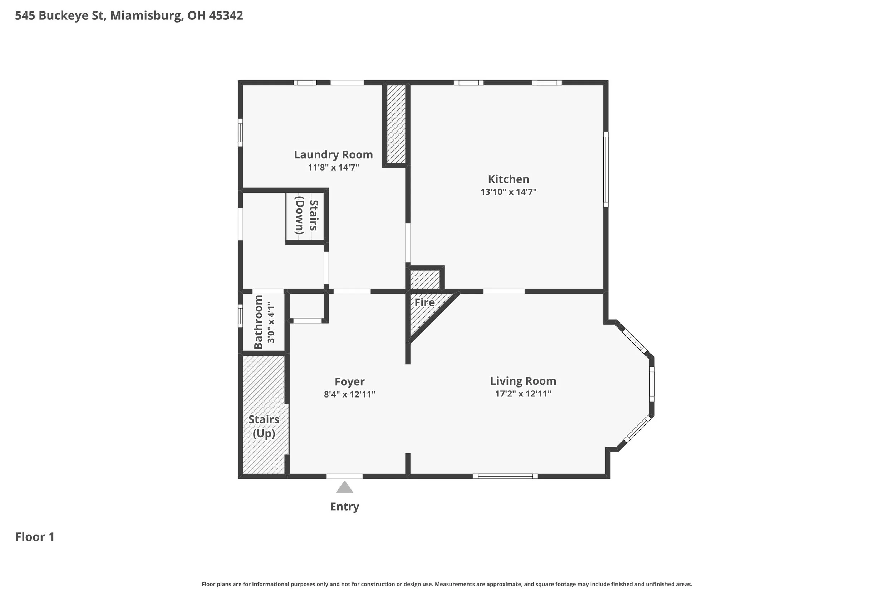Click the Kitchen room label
(508, 179)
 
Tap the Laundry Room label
(333, 155)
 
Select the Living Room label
(523, 381)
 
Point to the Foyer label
(349, 381)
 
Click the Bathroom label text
(259, 322)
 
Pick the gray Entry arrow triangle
(344, 487)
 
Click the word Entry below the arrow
(344, 507)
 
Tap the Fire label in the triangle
(424, 302)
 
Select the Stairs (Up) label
(264, 427)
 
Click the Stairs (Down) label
(307, 215)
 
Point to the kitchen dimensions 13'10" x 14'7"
(508, 192)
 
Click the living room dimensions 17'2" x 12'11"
(523, 394)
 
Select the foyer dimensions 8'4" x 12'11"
(349, 395)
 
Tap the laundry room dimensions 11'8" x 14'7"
(333, 168)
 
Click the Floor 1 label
(35, 537)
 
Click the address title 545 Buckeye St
(60, 16)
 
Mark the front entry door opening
(344, 476)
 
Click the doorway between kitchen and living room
(504, 291)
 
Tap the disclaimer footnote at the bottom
(447, 584)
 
